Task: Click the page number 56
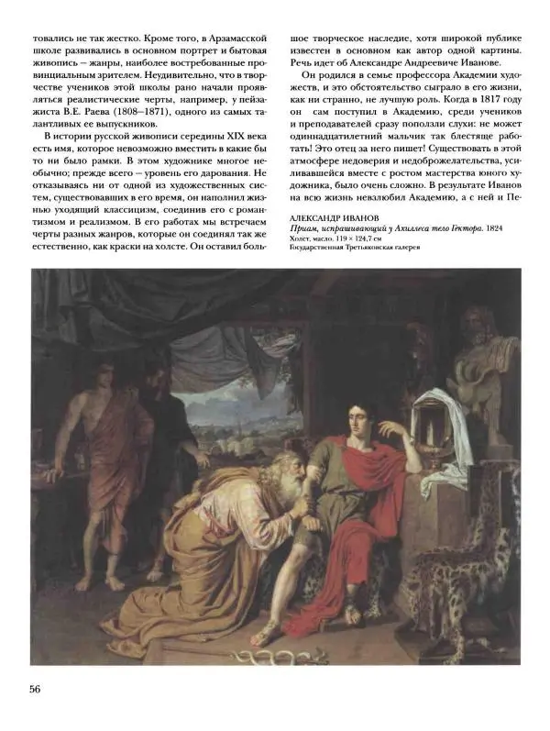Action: click(x=40, y=691)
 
